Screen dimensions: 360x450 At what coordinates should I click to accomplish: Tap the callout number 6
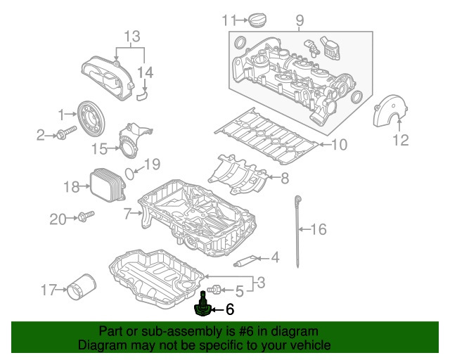pyautogui.click(x=229, y=309)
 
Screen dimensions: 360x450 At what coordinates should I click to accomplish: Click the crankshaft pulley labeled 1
pyautogui.click(x=89, y=117)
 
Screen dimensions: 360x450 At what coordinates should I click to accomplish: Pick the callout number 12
pyautogui.click(x=400, y=141)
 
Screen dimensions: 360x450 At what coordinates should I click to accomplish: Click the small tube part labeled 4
pyautogui.click(x=245, y=262)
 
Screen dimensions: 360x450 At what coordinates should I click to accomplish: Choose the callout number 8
pyautogui.click(x=284, y=179)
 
